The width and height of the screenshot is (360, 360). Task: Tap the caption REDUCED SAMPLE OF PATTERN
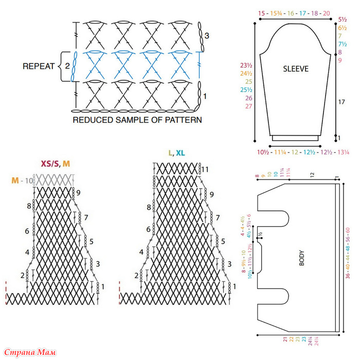coord(137,120)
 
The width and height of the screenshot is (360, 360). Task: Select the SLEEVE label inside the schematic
coord(296,68)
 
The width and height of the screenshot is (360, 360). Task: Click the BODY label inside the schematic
coord(302,257)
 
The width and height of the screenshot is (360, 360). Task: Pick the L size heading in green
coord(170,153)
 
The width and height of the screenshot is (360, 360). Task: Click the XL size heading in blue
coord(181,153)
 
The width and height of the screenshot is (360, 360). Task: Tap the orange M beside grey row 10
coord(15,181)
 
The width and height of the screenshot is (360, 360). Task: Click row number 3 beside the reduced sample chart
coord(207,35)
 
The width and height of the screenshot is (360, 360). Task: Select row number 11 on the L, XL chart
coord(205,169)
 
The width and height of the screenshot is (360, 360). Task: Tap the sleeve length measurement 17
coord(341,102)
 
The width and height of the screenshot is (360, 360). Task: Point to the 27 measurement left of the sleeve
coord(248,106)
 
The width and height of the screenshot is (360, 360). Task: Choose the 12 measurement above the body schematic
coord(312,175)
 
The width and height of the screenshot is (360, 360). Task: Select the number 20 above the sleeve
coord(326,13)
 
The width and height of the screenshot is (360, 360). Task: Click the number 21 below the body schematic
coord(285,340)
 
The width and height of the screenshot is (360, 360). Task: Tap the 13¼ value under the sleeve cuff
coord(343,152)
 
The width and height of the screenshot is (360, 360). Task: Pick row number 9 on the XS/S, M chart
coord(79,193)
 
